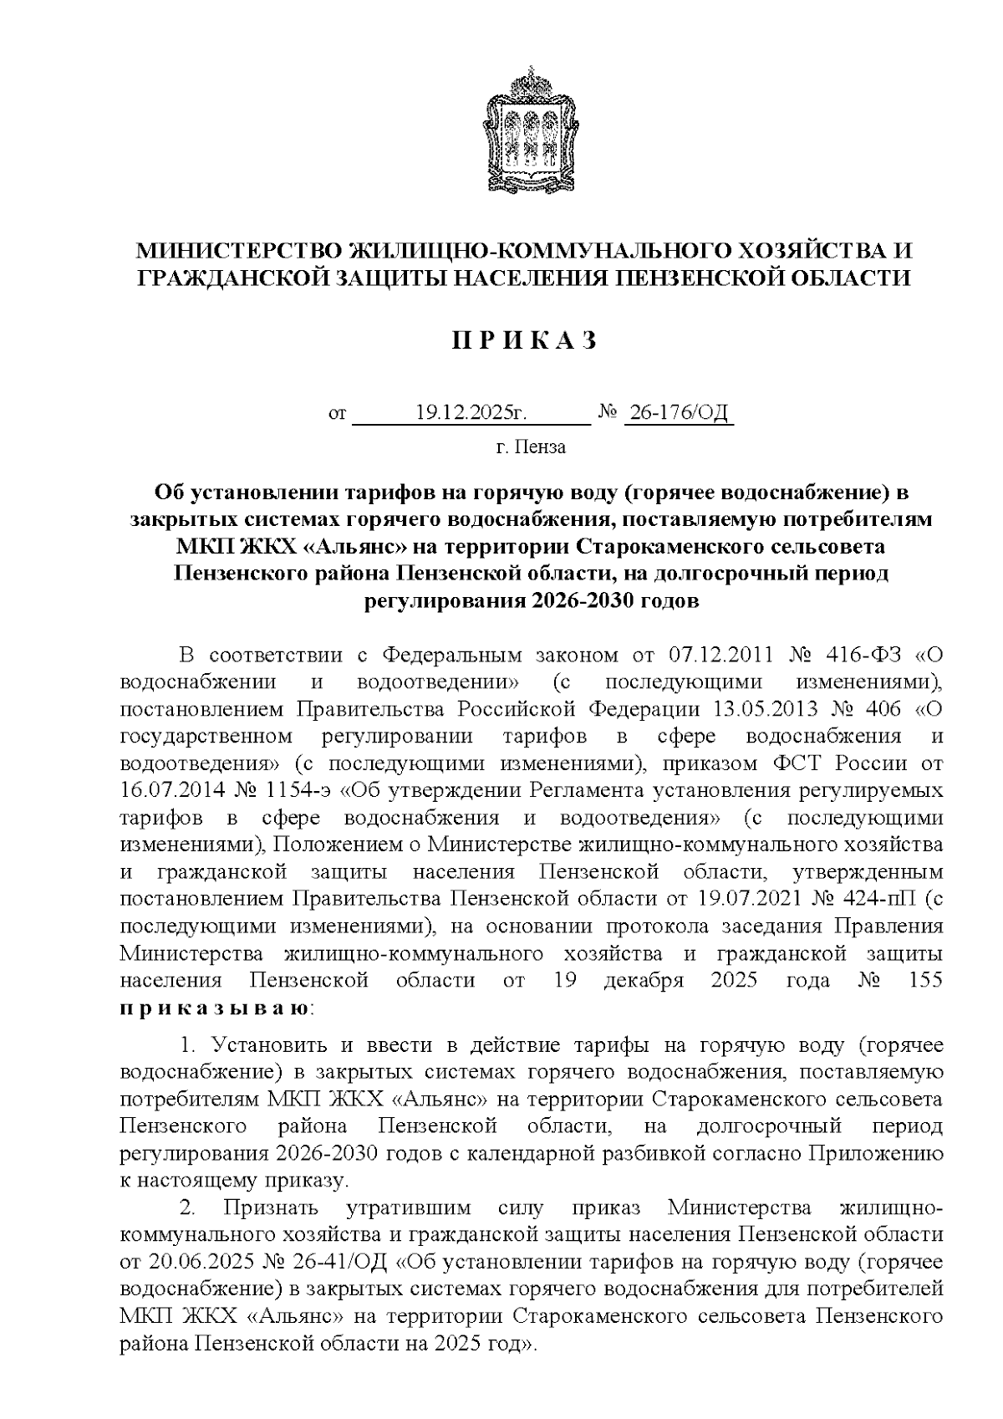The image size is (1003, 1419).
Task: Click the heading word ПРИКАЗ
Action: pyautogui.click(x=526, y=341)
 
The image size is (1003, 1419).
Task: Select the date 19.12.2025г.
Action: pyautogui.click(x=472, y=413)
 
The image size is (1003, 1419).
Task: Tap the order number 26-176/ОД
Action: pyautogui.click(x=679, y=413)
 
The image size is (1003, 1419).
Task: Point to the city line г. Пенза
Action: pyautogui.click(x=531, y=447)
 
